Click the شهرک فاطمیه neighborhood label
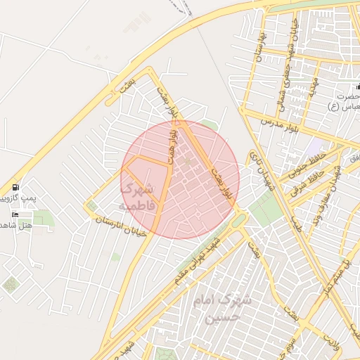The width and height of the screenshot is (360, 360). click(x=136, y=198)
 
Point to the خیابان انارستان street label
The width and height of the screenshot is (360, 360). click(x=121, y=226)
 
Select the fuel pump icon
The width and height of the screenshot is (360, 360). click(x=15, y=188)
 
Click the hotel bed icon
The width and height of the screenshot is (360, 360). click(x=15, y=214)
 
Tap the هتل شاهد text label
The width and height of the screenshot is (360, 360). click(x=15, y=225)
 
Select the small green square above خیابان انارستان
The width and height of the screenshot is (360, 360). click(x=91, y=206)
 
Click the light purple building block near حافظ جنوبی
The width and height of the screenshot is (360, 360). click(x=314, y=146)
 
